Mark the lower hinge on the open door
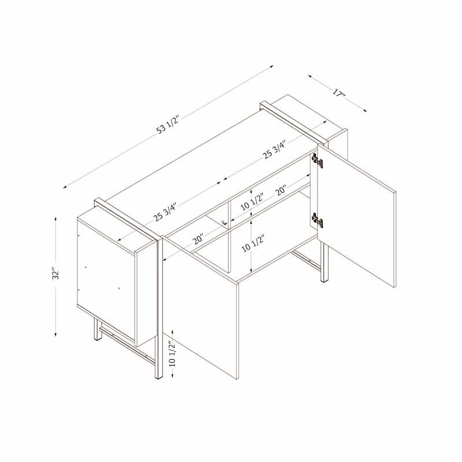(x=316, y=220)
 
